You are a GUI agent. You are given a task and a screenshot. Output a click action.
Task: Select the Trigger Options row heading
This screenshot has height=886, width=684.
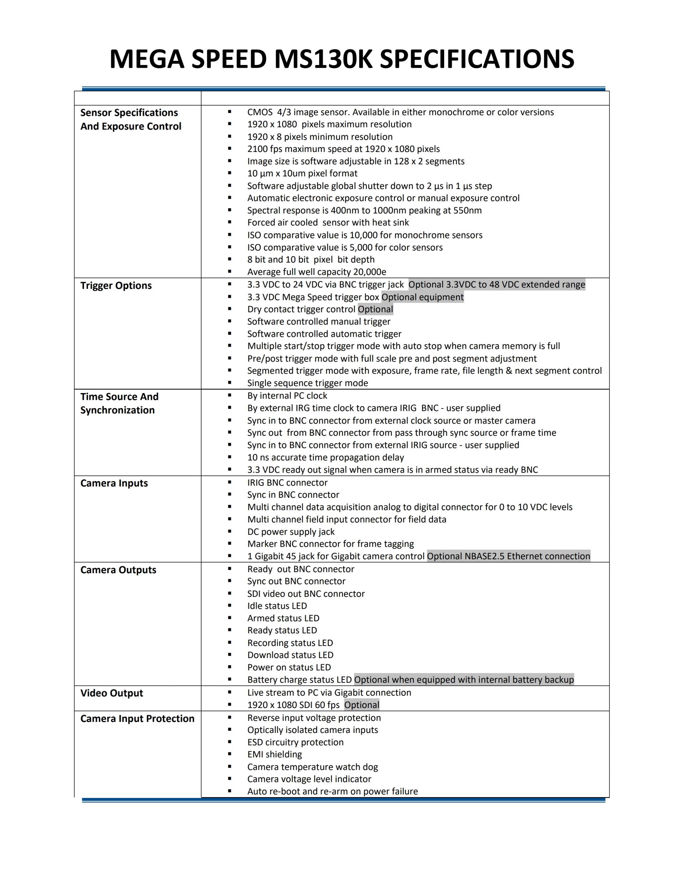coord(116,286)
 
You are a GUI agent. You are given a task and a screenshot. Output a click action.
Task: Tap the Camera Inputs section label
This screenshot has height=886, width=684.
coord(114,483)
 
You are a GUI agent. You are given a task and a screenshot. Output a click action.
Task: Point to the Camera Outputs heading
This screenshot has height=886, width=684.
coord(118,570)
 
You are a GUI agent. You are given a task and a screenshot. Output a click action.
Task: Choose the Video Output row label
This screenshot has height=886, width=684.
coord(112,693)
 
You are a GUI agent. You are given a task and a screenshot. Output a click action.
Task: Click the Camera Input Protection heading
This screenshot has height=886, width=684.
coord(138,718)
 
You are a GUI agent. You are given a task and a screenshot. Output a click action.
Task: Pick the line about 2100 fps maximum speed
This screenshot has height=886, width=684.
coord(343,149)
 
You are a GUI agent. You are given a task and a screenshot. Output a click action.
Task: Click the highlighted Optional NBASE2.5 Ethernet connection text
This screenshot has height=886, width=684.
coord(508,556)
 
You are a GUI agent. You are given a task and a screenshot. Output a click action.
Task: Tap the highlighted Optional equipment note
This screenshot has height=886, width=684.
coord(422,297)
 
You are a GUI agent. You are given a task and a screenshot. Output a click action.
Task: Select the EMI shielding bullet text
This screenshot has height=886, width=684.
coord(274,754)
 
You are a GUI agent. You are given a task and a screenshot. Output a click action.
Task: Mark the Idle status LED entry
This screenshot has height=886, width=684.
coord(277,606)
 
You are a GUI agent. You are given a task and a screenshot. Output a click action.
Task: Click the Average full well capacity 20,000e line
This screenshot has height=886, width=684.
coord(316,272)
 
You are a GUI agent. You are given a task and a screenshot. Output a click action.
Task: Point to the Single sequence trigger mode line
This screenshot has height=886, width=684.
coord(307,383)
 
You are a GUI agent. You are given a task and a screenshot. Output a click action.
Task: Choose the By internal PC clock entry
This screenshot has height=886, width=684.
coord(287,396)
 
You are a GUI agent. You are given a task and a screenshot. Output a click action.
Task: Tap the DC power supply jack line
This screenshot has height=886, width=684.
coord(291,531)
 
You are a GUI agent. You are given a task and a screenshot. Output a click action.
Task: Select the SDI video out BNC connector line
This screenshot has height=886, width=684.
coord(306,594)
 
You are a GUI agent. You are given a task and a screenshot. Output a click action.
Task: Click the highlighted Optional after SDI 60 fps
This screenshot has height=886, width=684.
coord(362,705)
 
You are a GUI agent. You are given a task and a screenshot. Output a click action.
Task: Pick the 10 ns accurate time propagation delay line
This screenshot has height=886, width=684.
coord(325,457)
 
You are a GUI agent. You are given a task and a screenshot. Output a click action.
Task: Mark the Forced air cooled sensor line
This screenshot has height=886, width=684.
coord(328,222)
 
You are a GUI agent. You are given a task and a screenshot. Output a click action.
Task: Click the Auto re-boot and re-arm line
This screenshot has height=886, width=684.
coord(332,791)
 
